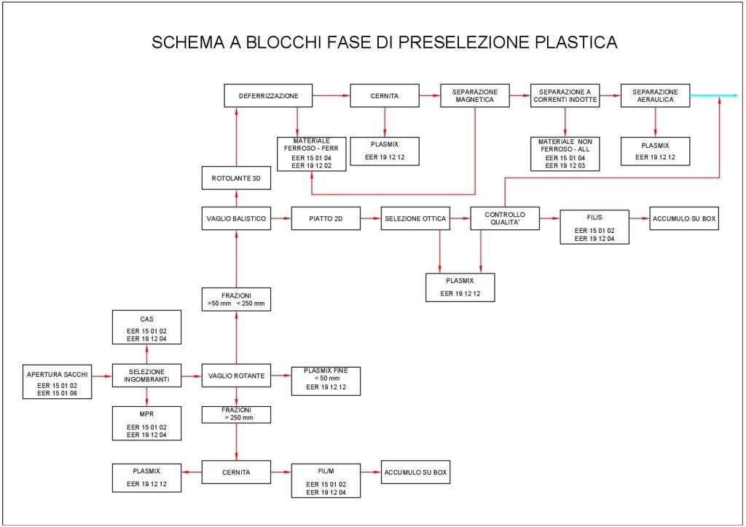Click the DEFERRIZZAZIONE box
pyautogui.click(x=268, y=95)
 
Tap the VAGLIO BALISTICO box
pyautogui.click(x=236, y=218)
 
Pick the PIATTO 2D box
pyautogui.click(x=325, y=218)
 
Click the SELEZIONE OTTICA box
pyautogui.click(x=415, y=218)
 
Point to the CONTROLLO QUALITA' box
pyautogui.click(x=505, y=218)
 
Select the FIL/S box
pyautogui.click(x=594, y=226)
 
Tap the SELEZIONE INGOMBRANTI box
pyautogui.click(x=146, y=376)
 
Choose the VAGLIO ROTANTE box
pyautogui.click(x=235, y=376)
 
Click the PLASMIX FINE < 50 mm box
pyautogui.click(x=326, y=381)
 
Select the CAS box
pyautogui.click(x=146, y=328)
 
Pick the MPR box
pyautogui.click(x=146, y=424)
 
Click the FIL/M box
pyautogui.click(x=326, y=480)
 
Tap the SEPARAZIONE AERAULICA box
pyautogui.click(x=655, y=95)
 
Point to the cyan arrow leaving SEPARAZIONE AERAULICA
pyautogui.click(x=712, y=95)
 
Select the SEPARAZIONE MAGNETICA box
pyautogui.click(x=475, y=95)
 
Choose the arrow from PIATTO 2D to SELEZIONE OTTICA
pyautogui.click(x=370, y=218)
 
